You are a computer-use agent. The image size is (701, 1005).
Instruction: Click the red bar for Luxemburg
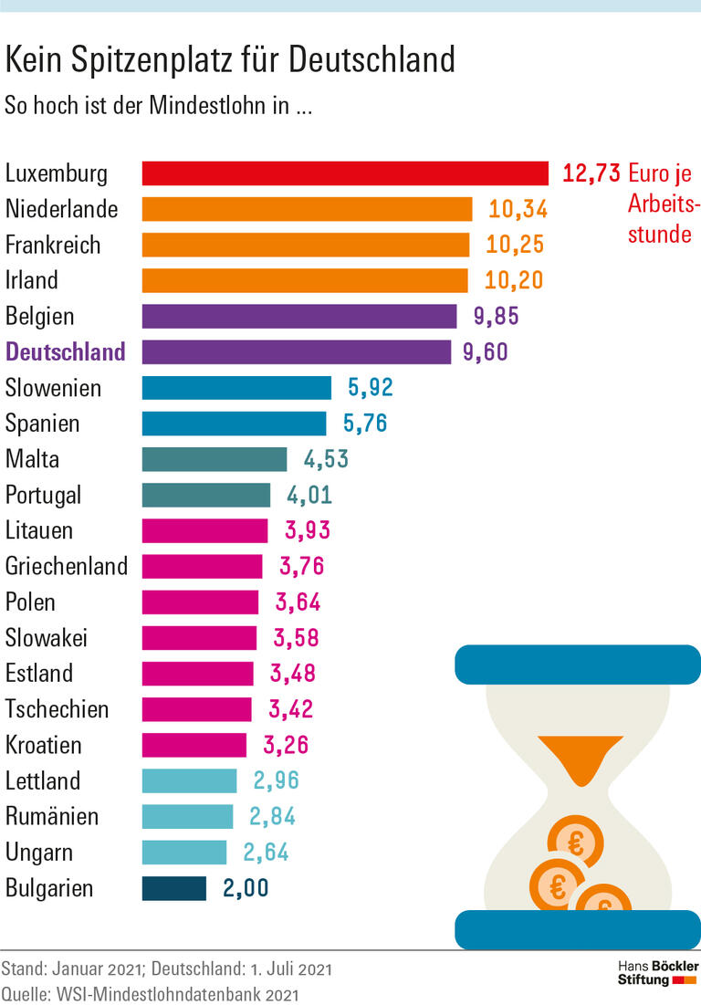[345, 173]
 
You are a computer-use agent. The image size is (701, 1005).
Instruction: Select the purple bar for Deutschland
[297, 352]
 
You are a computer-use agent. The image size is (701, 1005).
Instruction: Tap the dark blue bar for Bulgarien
[174, 888]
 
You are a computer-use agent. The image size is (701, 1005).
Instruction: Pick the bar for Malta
[214, 459]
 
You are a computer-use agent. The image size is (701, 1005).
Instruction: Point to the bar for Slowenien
[236, 388]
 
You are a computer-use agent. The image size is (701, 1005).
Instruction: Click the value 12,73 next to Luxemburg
[591, 173]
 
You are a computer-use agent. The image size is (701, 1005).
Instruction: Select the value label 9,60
[485, 352]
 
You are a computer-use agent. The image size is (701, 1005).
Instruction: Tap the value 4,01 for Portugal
[309, 496]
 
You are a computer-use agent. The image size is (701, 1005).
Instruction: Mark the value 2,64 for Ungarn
[266, 853]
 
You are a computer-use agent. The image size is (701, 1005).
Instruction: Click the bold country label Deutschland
[66, 352]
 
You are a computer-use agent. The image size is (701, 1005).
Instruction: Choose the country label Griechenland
[67, 567]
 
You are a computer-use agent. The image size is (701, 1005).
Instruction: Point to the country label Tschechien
[57, 709]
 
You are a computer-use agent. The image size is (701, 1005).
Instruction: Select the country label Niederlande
[62, 209]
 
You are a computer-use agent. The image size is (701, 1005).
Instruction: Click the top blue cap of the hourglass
[577, 665]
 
